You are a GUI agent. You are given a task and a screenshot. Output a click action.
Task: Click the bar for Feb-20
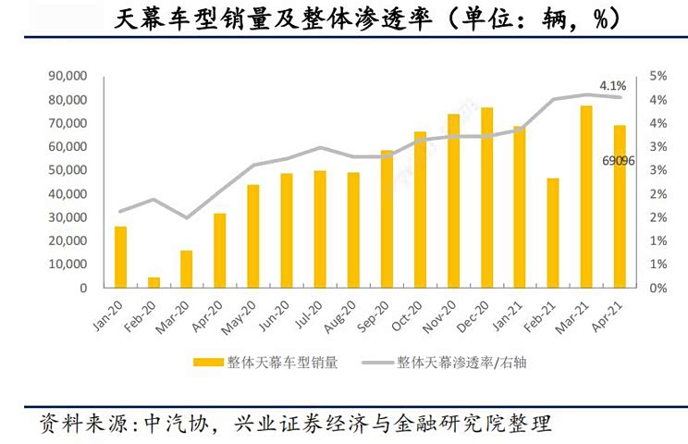click(154, 282)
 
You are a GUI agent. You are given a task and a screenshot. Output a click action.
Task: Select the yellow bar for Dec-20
click(486, 198)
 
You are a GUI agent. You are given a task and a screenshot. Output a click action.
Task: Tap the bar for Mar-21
click(586, 197)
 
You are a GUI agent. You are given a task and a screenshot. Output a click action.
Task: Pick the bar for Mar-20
click(187, 269)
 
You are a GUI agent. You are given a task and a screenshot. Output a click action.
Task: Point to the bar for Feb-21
click(553, 232)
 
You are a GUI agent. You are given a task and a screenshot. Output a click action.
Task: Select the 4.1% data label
click(613, 86)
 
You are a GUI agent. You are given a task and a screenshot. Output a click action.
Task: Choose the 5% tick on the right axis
click(658, 76)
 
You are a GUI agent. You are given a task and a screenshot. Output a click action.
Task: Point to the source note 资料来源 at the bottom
click(296, 425)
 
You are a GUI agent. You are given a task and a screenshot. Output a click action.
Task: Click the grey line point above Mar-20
click(187, 218)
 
